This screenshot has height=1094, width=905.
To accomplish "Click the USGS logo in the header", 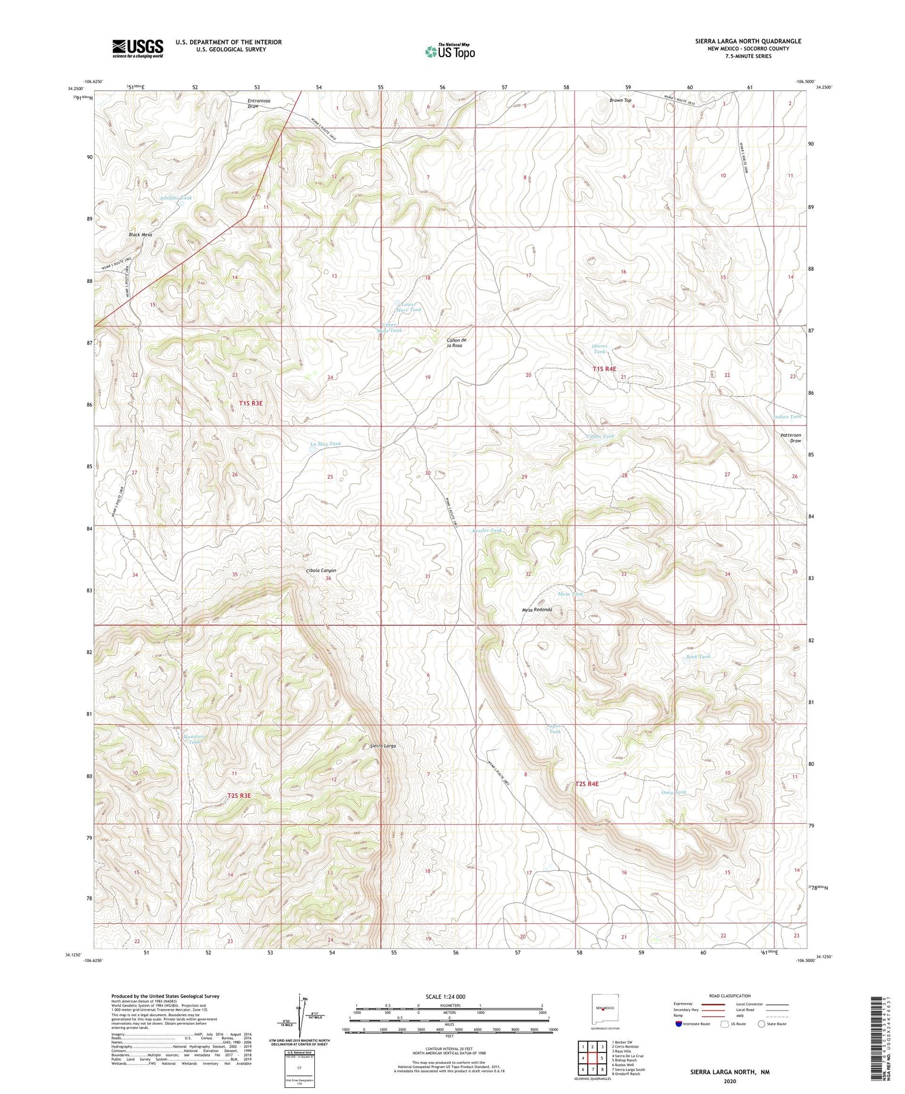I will [x=138, y=48].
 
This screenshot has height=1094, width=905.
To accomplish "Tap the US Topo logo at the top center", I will [x=450, y=51].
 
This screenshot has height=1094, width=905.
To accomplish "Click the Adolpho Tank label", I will [x=176, y=198].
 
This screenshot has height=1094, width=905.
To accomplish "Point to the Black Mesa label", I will [x=140, y=234].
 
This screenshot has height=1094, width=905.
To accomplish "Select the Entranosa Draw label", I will [x=258, y=103].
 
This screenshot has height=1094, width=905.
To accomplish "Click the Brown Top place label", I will [x=620, y=100].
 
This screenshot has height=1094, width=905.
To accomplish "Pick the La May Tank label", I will [x=325, y=444].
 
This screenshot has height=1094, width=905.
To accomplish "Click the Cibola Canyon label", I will [x=321, y=570].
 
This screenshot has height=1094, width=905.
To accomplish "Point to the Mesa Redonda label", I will [x=537, y=609].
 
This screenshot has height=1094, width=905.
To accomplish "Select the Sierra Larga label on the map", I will [x=383, y=746].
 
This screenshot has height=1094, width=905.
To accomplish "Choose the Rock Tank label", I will [x=698, y=656].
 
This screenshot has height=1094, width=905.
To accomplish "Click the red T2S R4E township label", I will [x=587, y=783].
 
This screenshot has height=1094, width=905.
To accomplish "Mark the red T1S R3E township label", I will [x=251, y=402].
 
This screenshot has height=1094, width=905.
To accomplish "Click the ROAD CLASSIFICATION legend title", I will [x=729, y=996].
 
